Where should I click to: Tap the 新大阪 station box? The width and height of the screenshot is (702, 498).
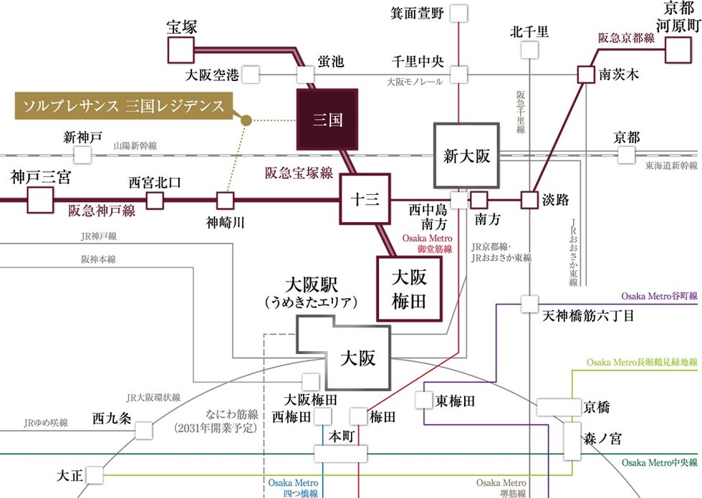click(x=466, y=155)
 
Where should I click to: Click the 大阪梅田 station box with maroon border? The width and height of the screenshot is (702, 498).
click(x=409, y=287)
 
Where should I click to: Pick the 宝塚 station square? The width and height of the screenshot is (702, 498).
click(x=181, y=51)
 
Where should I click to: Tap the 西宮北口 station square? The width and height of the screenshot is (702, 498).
click(x=155, y=200)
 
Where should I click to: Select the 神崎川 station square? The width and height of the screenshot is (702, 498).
click(x=226, y=200)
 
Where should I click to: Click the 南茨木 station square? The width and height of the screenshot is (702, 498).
click(x=585, y=74)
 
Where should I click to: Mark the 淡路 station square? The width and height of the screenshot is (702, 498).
click(x=529, y=200)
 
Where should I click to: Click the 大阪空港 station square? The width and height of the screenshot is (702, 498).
click(x=251, y=74)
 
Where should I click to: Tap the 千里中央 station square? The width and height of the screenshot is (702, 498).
click(x=458, y=74)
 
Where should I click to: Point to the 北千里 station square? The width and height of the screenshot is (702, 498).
click(x=529, y=49)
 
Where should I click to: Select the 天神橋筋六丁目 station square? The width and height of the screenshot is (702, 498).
click(x=529, y=304)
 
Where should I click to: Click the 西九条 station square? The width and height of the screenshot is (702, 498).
click(x=143, y=431)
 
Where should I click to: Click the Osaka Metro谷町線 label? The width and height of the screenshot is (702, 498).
click(x=658, y=295)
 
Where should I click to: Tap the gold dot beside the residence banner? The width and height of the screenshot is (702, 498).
click(x=246, y=120)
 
